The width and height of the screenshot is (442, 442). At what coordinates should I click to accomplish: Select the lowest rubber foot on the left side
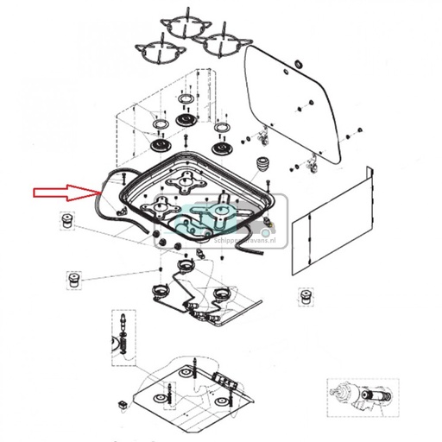click(x=75, y=281)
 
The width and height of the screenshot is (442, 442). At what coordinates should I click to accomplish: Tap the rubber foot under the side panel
click(x=304, y=296)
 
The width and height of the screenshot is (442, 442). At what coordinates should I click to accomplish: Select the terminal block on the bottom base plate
click(x=229, y=380)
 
